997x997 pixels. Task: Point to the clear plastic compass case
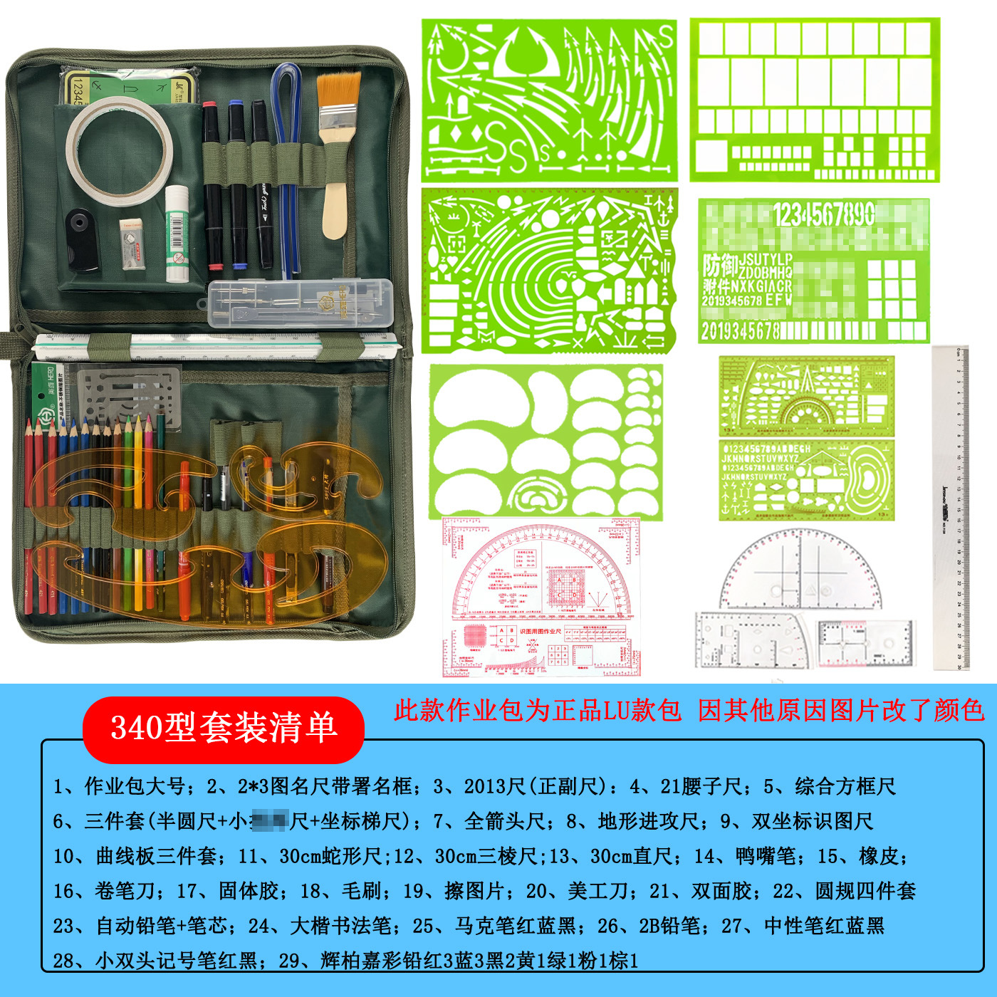300,303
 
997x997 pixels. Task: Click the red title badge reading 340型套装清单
223,728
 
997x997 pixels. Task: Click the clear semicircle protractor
800,570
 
